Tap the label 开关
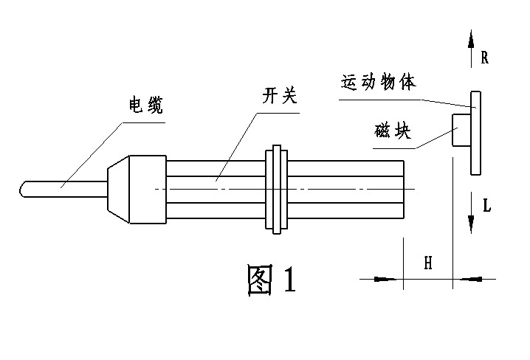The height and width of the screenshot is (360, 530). [x=279, y=96]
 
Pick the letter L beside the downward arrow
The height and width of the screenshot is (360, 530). [x=486, y=206]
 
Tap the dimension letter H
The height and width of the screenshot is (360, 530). [x=427, y=263]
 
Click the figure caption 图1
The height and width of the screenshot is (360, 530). [x=271, y=280]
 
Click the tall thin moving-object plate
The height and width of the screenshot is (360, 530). [x=475, y=133]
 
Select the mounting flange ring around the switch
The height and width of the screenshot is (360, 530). [x=276, y=190]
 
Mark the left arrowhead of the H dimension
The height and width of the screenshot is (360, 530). [x=385, y=279]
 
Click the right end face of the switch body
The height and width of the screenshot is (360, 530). [x=403, y=190]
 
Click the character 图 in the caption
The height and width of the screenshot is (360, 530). [x=260, y=280]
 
